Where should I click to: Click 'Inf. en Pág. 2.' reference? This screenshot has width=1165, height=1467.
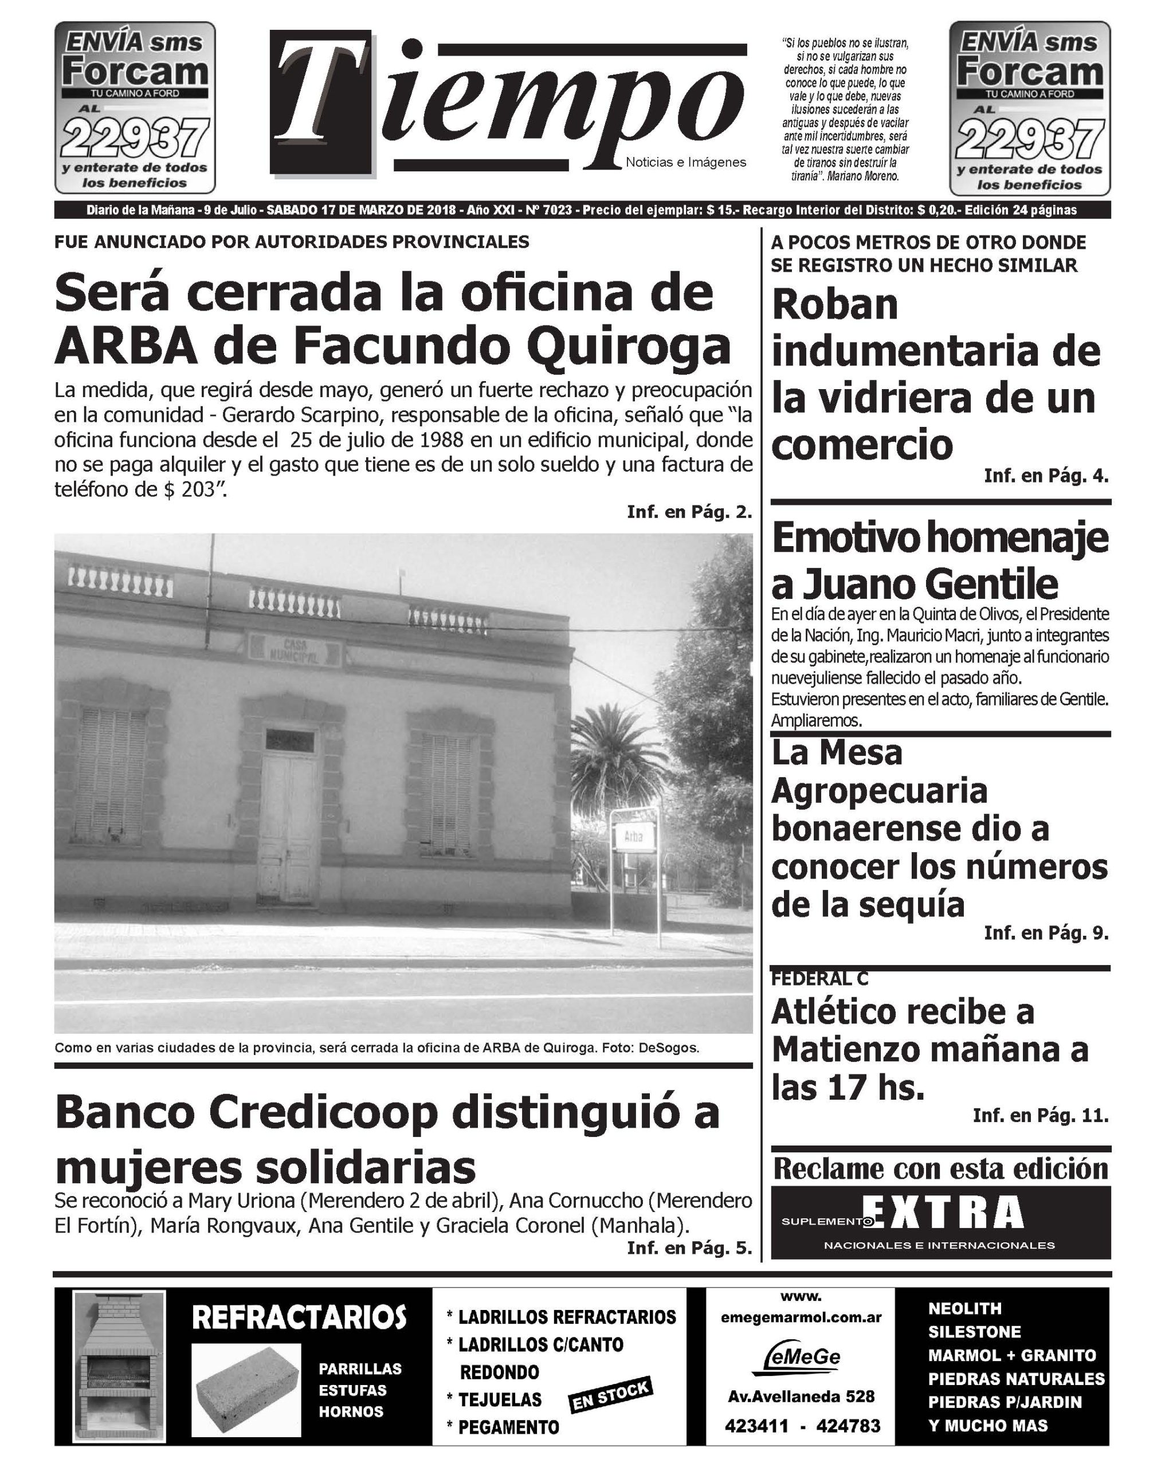[689, 512]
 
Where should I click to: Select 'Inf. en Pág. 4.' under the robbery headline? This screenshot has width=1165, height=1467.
[1045, 476]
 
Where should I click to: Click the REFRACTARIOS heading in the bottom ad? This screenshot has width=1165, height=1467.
[299, 1317]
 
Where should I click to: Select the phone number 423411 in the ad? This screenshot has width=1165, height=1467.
[756, 1426]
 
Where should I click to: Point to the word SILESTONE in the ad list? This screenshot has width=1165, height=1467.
[974, 1332]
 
